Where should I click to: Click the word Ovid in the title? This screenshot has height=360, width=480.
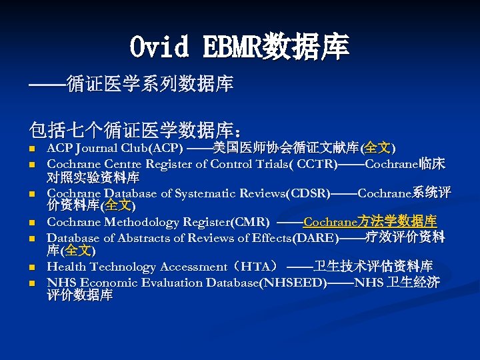156,47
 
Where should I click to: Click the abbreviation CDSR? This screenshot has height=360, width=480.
307,193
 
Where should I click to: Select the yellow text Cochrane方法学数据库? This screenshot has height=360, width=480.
370,222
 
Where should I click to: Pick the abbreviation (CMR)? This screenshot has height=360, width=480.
251,222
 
